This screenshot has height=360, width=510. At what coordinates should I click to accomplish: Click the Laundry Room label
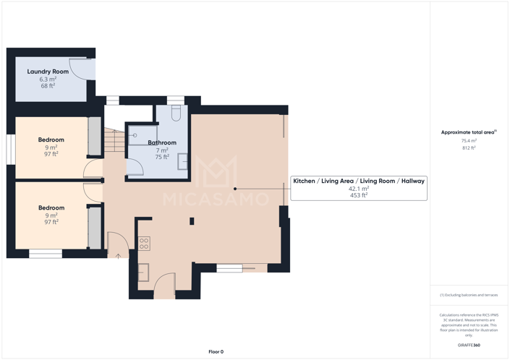click(x=48, y=72)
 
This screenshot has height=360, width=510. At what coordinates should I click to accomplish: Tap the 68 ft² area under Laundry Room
click(x=48, y=85)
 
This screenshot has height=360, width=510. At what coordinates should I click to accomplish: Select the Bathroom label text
click(x=162, y=142)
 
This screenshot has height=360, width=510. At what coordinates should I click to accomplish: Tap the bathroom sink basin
click(x=183, y=163)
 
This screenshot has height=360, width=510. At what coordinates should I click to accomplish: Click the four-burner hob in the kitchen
click(x=144, y=244)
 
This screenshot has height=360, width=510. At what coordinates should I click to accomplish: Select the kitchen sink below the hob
click(x=144, y=272)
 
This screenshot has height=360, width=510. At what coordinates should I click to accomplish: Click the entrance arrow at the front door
click(x=118, y=255)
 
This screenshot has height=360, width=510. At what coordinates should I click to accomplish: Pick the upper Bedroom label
click(x=51, y=140)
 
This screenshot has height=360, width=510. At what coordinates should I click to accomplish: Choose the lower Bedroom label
click(x=51, y=207)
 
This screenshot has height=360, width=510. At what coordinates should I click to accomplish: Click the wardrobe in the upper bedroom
click(x=94, y=136)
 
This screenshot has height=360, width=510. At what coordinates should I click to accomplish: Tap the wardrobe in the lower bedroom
click(x=94, y=228)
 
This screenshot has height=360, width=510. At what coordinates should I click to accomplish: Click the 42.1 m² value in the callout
click(x=359, y=188)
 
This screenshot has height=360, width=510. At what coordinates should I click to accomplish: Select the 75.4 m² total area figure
click(x=469, y=141)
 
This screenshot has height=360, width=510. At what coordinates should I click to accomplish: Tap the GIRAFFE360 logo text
click(x=469, y=345)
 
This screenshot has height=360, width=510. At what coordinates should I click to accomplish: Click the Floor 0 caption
click(x=216, y=351)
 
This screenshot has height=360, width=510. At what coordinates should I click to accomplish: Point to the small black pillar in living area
click(x=192, y=221)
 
